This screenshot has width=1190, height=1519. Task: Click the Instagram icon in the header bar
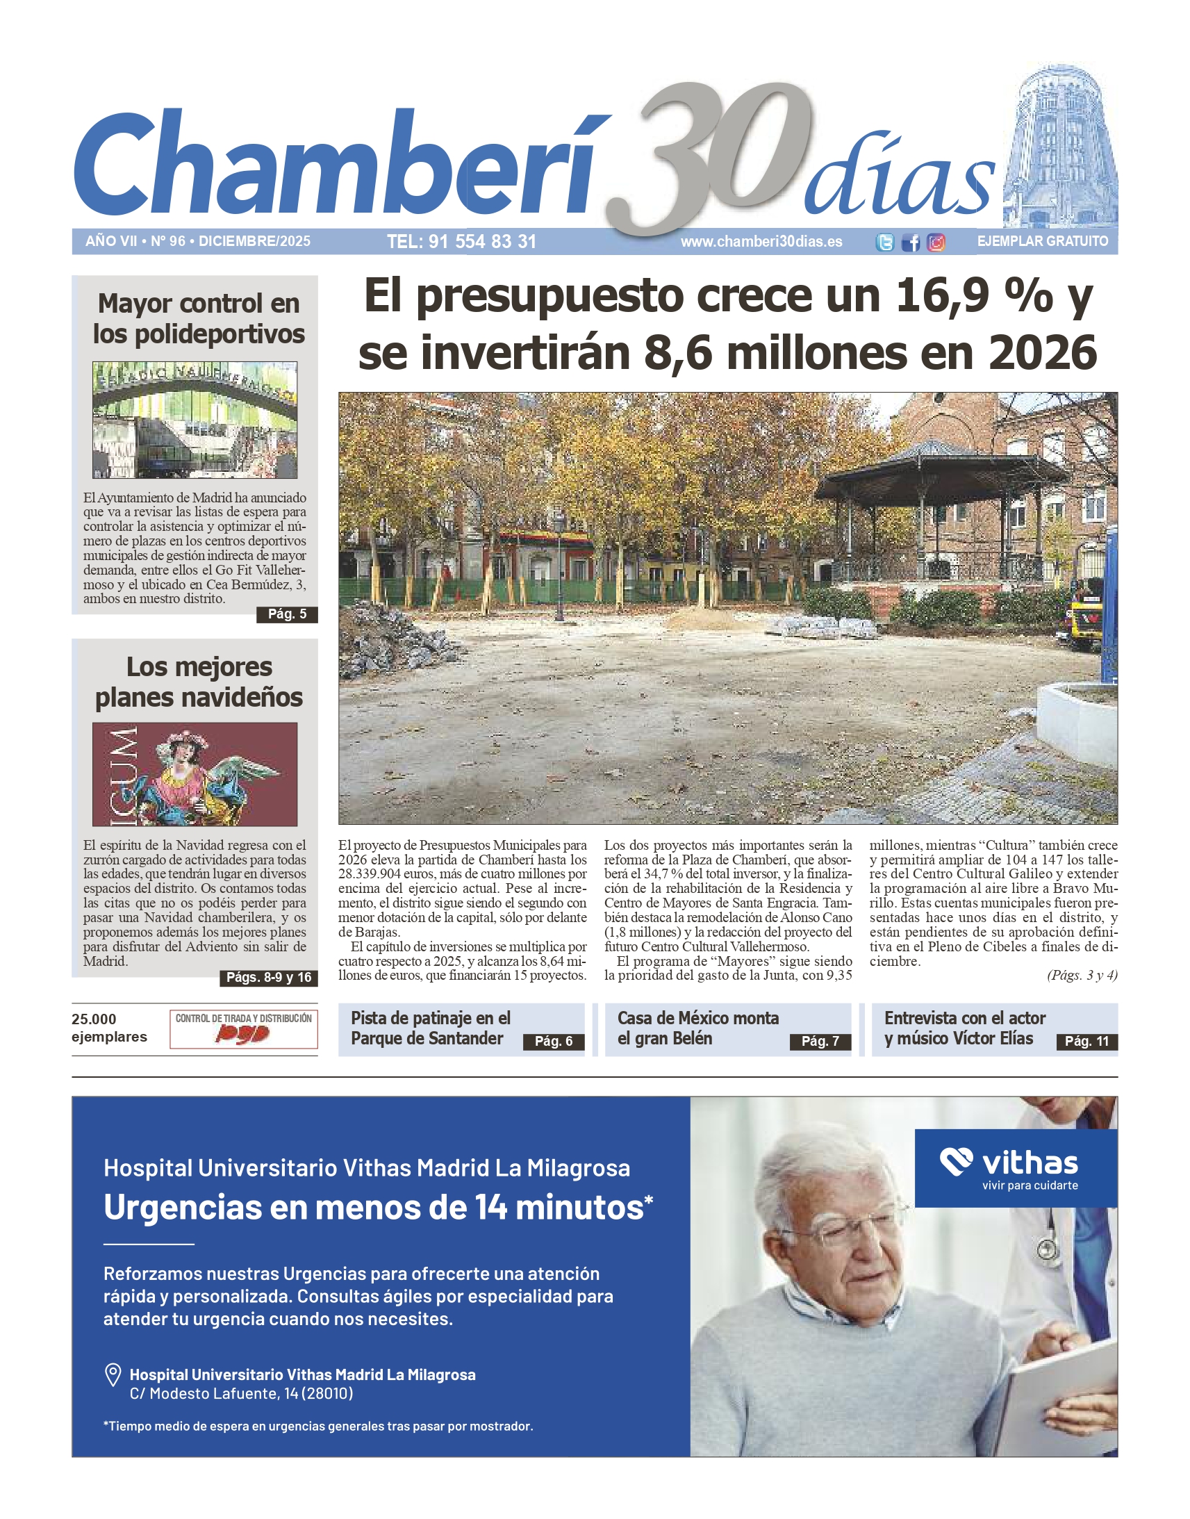[936, 242]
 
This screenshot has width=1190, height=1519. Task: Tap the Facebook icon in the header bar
[910, 242]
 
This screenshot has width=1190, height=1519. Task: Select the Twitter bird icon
[885, 242]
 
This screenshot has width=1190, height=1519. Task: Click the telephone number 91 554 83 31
[461, 241]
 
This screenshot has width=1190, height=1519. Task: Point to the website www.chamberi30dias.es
[761, 241]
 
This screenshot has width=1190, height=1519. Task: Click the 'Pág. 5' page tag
[287, 614]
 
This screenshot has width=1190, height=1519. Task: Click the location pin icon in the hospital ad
[112, 1374]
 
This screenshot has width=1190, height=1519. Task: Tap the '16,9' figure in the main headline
[942, 295]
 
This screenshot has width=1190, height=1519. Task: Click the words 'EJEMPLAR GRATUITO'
[1042, 241]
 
